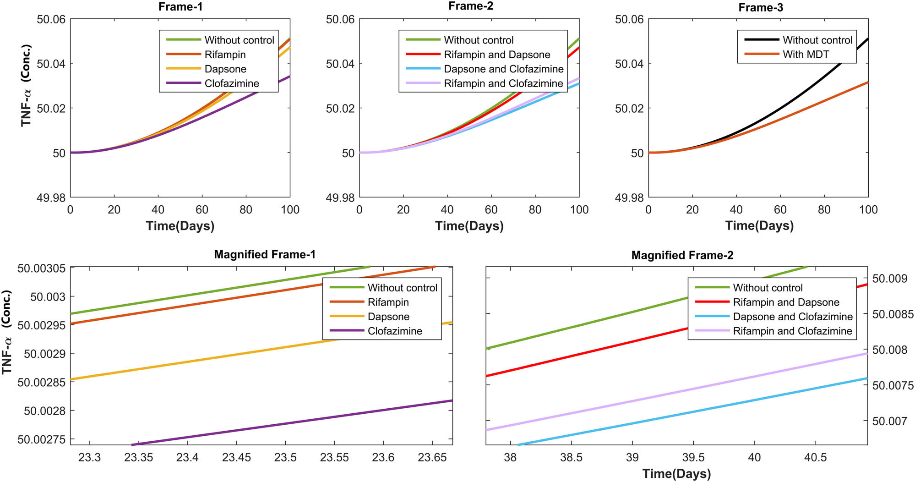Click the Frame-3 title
pos(761,8)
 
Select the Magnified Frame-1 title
pos(265,255)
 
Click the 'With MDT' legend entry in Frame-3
pos(806,55)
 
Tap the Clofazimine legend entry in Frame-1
pos(231,83)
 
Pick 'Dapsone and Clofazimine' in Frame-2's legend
pos(503,69)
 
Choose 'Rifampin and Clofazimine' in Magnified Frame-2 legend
pos(792,331)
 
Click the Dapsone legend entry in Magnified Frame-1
pos(388,317)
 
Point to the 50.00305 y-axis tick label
pos(42,268)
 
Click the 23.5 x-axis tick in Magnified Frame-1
pos(285,458)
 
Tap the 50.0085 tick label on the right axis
pos(893,314)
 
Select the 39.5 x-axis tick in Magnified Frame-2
pos(693,458)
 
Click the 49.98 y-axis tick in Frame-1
pos(51,198)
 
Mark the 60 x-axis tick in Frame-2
pos(491,210)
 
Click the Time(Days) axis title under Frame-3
pos(759,226)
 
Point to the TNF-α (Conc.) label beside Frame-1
pos(26,86)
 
